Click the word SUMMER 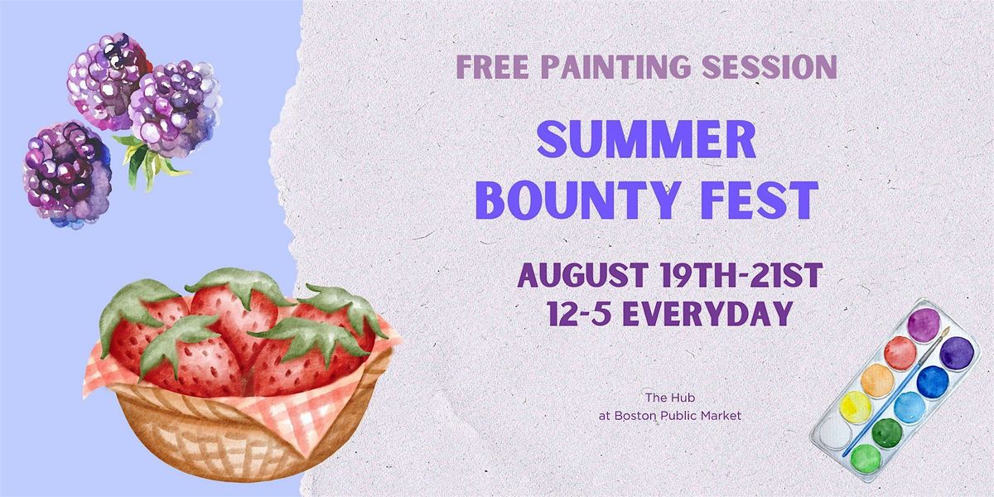pyautogui.click(x=647, y=139)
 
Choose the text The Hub pyautogui.click(x=670, y=398)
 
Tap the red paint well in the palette pyautogui.click(x=900, y=353)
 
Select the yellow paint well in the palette pyautogui.click(x=855, y=408)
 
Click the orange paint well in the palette pyautogui.click(x=877, y=380)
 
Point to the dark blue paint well pyautogui.click(x=933, y=382)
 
